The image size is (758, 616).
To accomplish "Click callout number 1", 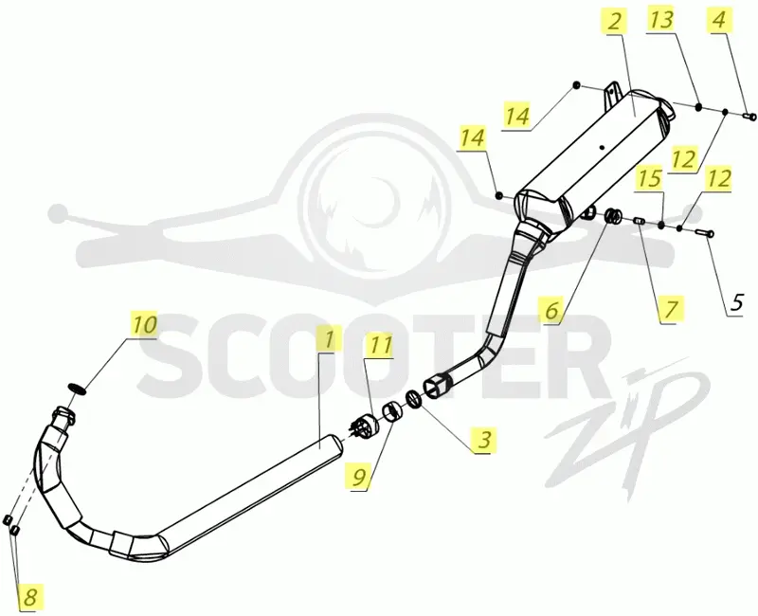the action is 328,339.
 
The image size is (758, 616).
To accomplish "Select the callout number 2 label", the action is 614,22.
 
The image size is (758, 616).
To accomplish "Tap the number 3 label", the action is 483,440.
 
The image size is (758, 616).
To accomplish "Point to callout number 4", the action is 719,21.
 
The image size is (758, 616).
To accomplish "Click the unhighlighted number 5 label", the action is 735,302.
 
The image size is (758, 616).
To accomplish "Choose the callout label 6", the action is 551,310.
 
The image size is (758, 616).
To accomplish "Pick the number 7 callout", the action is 670,309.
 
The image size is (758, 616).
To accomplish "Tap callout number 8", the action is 30,597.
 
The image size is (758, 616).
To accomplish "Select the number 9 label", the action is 358,478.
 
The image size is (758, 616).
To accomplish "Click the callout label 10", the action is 145,324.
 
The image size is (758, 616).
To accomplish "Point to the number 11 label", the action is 381,345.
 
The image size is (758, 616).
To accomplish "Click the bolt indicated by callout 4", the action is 749,116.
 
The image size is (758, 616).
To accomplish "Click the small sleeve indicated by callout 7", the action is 638,221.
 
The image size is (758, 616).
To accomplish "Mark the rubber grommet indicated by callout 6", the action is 613,215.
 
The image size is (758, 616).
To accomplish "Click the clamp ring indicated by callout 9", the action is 392,411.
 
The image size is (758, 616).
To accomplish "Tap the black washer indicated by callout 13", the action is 699,107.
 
